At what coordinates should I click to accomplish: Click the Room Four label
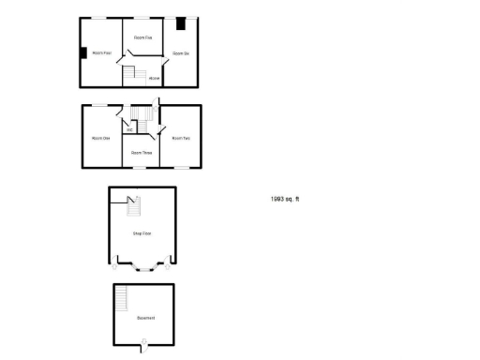pos(101,53)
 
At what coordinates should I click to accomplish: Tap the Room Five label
pos(143,37)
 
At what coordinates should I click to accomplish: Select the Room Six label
pos(181,53)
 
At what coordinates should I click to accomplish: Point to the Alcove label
pos(154,78)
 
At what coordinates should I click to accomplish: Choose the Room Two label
pos(181,139)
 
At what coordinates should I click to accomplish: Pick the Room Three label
pos(142,152)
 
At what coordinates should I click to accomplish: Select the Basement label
pos(145,319)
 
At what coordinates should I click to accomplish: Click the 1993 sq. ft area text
pos(285,199)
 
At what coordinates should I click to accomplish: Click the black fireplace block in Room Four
pos(83,52)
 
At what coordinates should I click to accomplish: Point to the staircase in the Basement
pos(121,299)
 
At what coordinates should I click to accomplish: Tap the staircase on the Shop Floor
pos(132,206)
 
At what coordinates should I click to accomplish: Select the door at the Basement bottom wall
pos(143,351)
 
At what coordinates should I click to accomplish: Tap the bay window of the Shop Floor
pos(142,269)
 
